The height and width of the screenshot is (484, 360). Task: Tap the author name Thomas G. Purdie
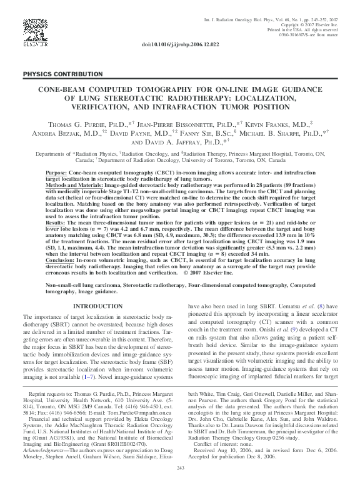pyautogui.click(x=77, y=125)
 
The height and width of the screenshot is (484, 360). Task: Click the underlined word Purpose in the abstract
pyautogui.click(x=58, y=172)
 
